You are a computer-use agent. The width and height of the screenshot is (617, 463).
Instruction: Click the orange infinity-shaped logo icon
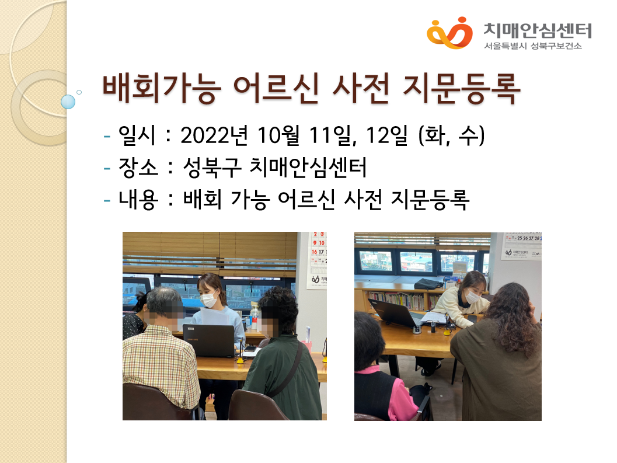[x=450, y=33]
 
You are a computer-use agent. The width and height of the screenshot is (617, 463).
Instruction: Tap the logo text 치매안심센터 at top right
[x=538, y=30]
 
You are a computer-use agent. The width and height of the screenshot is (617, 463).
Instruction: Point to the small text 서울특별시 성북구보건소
[x=533, y=46]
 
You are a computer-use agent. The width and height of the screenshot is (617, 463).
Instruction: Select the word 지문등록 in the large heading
[x=462, y=89]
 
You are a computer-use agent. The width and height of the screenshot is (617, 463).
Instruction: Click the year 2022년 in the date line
[x=214, y=135]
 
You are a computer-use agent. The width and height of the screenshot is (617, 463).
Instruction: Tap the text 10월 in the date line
[x=278, y=135]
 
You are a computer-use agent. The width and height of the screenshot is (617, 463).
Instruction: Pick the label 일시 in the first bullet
[x=137, y=135]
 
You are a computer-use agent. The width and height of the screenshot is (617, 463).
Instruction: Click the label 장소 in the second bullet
[x=138, y=167]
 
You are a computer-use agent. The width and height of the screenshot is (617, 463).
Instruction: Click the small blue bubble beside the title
[x=68, y=102]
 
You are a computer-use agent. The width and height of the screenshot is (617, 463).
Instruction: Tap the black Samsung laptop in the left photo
[x=208, y=340]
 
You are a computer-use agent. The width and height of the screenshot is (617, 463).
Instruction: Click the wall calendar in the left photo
[x=317, y=260]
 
